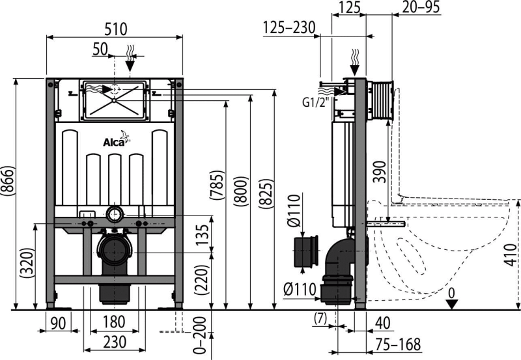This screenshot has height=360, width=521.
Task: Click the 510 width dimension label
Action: [116, 29]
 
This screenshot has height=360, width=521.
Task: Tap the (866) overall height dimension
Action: [7, 180]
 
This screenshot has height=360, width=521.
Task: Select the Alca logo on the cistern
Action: [117, 139]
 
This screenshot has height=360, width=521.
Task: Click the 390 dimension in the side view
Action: [380, 172]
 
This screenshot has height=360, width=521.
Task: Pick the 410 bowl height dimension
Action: [511, 255]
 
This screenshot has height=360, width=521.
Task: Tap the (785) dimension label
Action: [218, 185]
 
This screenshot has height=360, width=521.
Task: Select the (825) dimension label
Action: [266, 194]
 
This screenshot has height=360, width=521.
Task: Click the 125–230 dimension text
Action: [289, 27]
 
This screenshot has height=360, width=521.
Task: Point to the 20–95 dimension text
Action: [421, 7]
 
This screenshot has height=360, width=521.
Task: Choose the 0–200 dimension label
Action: [199, 335]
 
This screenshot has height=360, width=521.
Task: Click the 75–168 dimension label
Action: [399, 344]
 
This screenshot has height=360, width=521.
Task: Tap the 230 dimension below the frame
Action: [115, 342]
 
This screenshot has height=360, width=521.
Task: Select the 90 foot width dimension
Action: [58, 323]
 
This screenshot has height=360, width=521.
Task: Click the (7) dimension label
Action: [320, 318]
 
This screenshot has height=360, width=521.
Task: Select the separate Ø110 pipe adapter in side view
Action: [305, 252]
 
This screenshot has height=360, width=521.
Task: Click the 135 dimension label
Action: [203, 234]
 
